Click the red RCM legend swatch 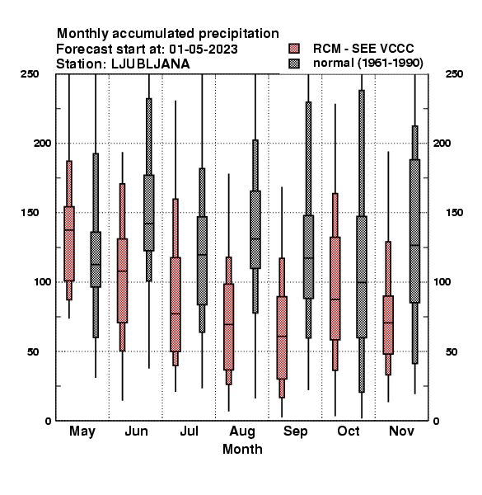pyautogui.click(x=294, y=49)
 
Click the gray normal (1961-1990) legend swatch pyautogui.click(x=294, y=64)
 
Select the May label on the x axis pyautogui.click(x=82, y=431)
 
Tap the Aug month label pyautogui.click(x=242, y=431)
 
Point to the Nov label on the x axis pyautogui.click(x=401, y=431)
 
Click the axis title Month pyautogui.click(x=242, y=450)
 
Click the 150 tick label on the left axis pyautogui.click(x=30, y=213)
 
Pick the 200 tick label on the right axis pyautogui.click(x=442, y=144)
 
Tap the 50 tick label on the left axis pyautogui.click(x=33, y=351)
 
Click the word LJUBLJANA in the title pyautogui.click(x=151, y=64)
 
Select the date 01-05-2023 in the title pyautogui.click(x=204, y=49)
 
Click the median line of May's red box pyautogui.click(x=69, y=230)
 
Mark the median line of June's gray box pyautogui.click(x=149, y=224)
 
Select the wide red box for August pyautogui.click(x=228, y=327)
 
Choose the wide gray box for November pyautogui.click(x=415, y=231)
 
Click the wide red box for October pyautogui.click(x=335, y=289)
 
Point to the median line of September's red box pyautogui.click(x=282, y=337)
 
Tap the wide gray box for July pyautogui.click(x=202, y=261)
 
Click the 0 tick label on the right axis pyautogui.click(x=437, y=421)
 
